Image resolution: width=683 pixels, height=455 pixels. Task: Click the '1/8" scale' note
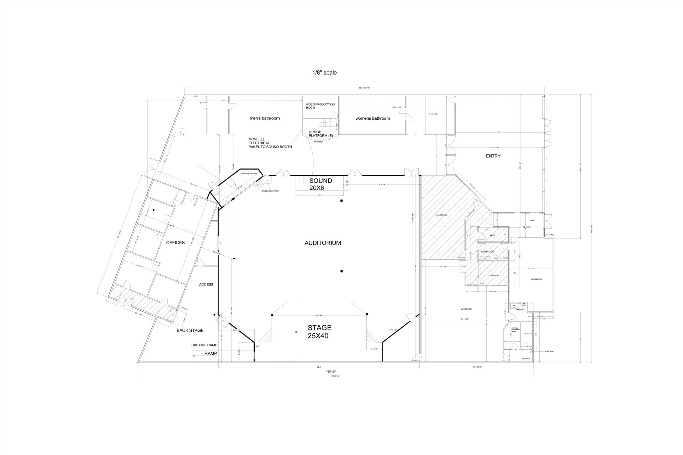(x=324, y=73)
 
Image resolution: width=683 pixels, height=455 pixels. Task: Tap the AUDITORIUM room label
(x=323, y=243)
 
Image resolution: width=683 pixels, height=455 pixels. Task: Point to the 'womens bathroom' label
(x=372, y=118)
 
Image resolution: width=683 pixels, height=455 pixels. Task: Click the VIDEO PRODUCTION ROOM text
(x=320, y=106)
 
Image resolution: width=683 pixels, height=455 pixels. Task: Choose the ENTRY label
(x=493, y=156)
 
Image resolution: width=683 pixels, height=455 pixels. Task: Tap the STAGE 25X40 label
(x=319, y=331)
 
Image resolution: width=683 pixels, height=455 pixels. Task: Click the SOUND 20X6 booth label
(x=320, y=184)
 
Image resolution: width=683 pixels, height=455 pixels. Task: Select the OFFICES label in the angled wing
(x=175, y=243)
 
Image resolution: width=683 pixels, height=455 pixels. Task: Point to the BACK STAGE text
(x=190, y=331)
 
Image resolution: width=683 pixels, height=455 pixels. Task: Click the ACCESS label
(x=206, y=284)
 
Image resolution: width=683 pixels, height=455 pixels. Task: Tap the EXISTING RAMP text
(x=203, y=345)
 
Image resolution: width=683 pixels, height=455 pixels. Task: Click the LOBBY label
(x=532, y=221)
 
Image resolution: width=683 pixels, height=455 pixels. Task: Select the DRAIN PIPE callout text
(x=549, y=352)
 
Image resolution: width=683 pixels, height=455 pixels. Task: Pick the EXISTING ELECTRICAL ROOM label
(x=515, y=330)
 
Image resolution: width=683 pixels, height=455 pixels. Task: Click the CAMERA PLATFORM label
(x=270, y=191)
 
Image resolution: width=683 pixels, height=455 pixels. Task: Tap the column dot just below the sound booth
(x=341, y=201)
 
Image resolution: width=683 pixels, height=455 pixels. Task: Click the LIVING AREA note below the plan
(x=331, y=372)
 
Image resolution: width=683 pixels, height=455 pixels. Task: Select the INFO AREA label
(x=318, y=142)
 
